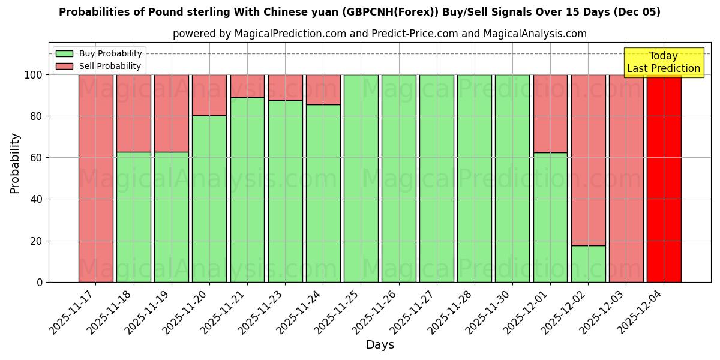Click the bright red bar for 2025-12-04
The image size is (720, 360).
(x=664, y=178)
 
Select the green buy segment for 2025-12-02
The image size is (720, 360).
(x=588, y=264)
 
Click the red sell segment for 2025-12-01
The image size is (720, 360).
(x=550, y=113)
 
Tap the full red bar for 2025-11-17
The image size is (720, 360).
(x=95, y=178)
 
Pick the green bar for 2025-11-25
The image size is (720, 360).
(x=361, y=178)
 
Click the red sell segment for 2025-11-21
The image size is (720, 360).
(x=247, y=86)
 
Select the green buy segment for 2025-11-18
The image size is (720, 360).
(x=133, y=217)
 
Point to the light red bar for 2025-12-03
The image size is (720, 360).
(x=626, y=178)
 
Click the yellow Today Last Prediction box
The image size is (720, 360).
(x=663, y=62)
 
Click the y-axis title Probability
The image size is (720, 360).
(x=15, y=163)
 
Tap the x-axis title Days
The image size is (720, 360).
(x=380, y=345)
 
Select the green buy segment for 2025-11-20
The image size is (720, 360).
(x=209, y=199)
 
